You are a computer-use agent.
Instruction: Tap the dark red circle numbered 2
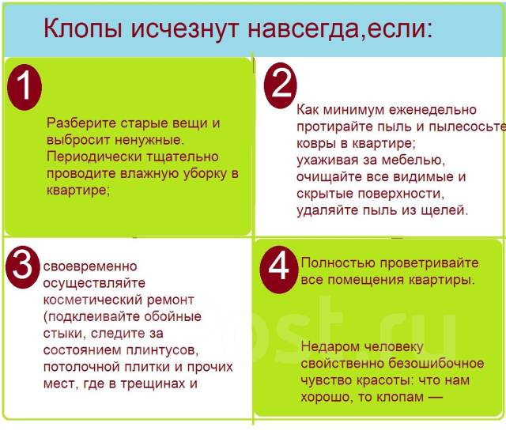280,85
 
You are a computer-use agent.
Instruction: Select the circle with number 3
24,267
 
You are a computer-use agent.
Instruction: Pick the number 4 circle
278,267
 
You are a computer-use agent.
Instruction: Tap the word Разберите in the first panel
79,123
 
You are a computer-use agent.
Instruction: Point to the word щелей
447,210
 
